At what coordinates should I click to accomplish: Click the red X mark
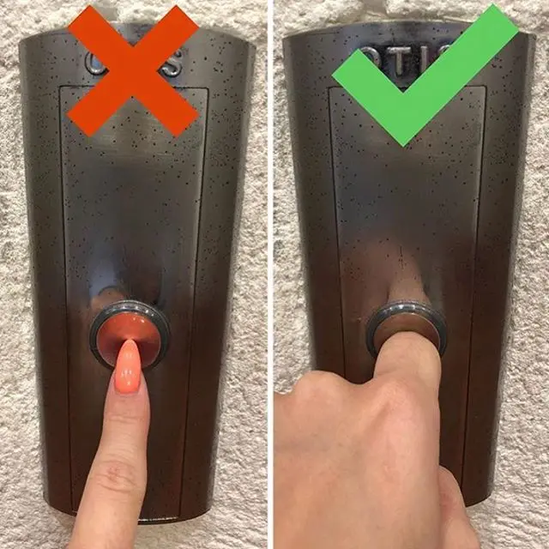point(133,70)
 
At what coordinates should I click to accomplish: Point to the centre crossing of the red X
point(133,70)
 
